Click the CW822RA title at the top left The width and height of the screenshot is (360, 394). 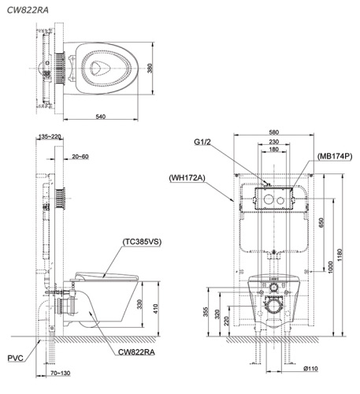pos(28,10)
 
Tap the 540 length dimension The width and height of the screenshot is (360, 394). pos(101,117)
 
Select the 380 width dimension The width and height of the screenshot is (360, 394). pos(150,69)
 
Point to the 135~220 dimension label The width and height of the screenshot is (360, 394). pos(50,136)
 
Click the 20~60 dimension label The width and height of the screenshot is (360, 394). pos(80,157)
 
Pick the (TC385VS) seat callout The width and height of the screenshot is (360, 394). pos(142,242)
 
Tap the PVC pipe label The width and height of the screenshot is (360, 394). pos(15,358)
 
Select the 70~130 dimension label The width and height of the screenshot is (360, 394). pos(61,373)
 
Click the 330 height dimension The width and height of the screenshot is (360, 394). pos(139,304)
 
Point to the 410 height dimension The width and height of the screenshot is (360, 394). pos(156,309)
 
